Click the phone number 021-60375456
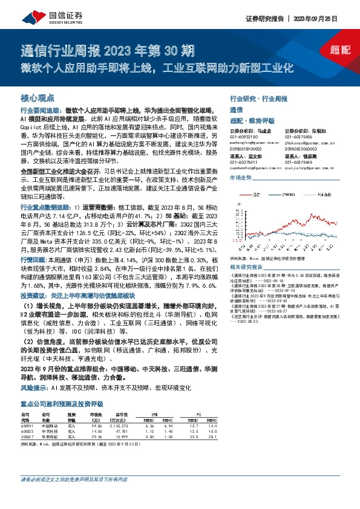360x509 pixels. pyautogui.click(x=296, y=132)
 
